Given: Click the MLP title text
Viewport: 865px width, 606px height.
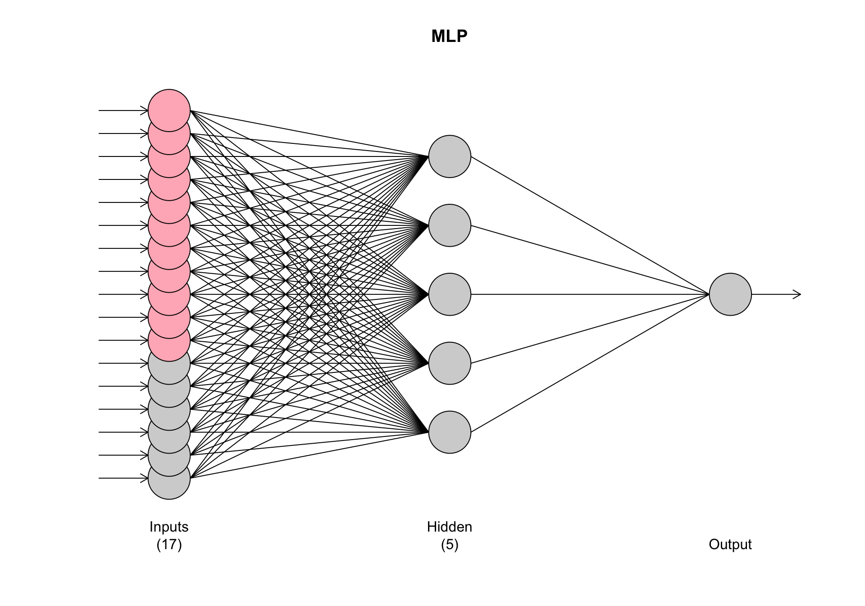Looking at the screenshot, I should pos(449,36).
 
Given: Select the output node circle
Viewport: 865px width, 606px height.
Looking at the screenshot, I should pos(730,294).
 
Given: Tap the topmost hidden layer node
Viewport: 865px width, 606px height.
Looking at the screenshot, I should pos(450,156).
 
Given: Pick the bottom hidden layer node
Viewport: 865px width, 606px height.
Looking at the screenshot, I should pos(450,432).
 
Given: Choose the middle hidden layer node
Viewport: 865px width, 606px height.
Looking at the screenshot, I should pos(450,294).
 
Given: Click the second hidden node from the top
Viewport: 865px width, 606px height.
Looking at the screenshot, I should pos(450,225).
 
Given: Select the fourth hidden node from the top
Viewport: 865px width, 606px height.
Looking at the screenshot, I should pos(450,363).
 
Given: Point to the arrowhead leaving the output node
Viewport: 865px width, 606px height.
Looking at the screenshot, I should pos(797,294).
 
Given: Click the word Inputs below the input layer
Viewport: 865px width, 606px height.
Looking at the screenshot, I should pos(169,527).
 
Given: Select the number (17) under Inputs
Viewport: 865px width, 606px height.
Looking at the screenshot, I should pos(169,545).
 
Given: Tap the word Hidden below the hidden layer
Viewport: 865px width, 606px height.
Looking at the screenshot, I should pos(450,527).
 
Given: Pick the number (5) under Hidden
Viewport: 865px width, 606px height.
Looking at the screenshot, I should pos(450,545).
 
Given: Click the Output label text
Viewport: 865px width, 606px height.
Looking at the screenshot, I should pos(730,544).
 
